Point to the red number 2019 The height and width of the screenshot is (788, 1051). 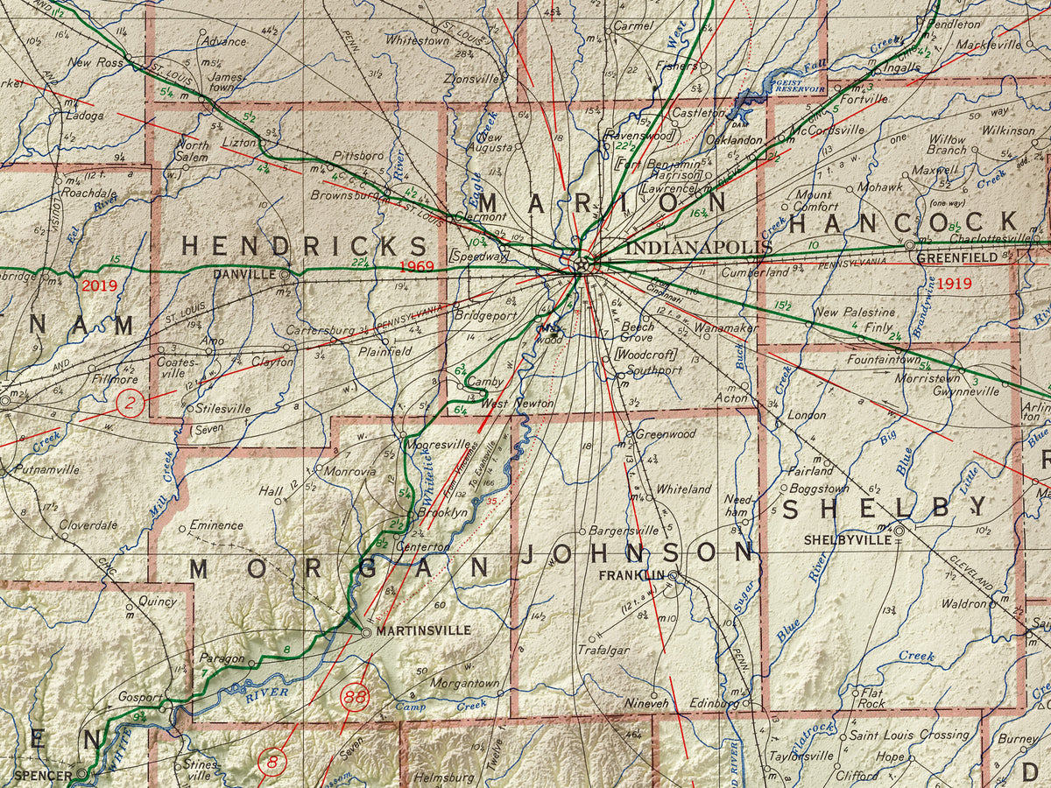[99, 285]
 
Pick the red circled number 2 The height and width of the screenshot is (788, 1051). [130, 405]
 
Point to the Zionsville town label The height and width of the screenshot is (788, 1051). [470, 78]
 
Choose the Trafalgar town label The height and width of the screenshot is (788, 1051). [603, 650]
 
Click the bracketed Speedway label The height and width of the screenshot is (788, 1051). [479, 257]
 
